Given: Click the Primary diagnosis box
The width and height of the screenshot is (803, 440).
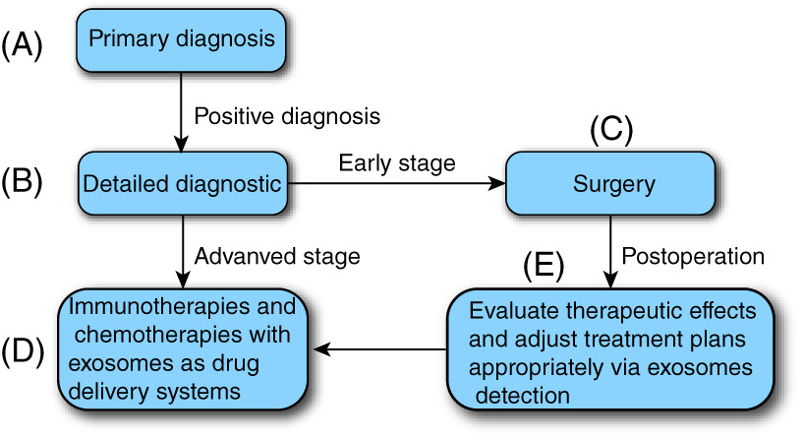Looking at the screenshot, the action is pyautogui.click(x=181, y=40).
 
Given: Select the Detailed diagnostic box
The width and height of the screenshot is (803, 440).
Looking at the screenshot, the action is pyautogui.click(x=182, y=183).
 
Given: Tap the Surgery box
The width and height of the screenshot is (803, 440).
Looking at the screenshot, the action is pyautogui.click(x=610, y=183).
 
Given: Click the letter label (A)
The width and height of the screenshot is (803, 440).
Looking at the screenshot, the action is pyautogui.click(x=22, y=44).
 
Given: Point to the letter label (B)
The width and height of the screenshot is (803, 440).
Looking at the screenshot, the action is pyautogui.click(x=22, y=181).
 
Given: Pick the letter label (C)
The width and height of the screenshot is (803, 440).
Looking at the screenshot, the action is pyautogui.click(x=611, y=129).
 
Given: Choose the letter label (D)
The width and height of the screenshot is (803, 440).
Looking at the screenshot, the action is pyautogui.click(x=23, y=351).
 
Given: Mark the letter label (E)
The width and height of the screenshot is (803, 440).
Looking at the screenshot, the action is pyautogui.click(x=544, y=265).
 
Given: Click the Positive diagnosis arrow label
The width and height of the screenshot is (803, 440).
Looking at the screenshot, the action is pyautogui.click(x=287, y=116).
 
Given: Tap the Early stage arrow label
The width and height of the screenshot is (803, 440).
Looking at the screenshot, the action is pyautogui.click(x=397, y=163).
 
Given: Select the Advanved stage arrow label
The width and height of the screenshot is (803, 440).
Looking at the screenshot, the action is pyautogui.click(x=277, y=256).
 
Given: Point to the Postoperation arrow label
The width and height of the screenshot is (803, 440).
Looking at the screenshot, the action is pyautogui.click(x=693, y=256).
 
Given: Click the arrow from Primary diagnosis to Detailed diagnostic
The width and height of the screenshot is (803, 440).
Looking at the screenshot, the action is pyautogui.click(x=181, y=112).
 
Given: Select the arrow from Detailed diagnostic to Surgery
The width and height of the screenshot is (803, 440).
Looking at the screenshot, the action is pyautogui.click(x=396, y=183).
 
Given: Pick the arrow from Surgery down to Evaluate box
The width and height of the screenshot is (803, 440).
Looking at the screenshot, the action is pyautogui.click(x=610, y=252).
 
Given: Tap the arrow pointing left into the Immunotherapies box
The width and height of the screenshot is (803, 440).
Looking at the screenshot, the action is pyautogui.click(x=380, y=349).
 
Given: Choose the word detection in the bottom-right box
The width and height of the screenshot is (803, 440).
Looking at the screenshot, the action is pyautogui.click(x=522, y=396).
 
